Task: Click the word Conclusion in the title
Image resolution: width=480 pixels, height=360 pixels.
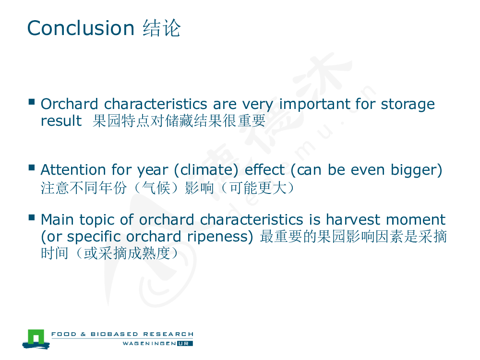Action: click(81, 28)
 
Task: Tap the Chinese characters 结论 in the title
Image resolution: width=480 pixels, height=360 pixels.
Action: click(162, 28)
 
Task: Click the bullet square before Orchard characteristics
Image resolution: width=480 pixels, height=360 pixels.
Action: click(32, 102)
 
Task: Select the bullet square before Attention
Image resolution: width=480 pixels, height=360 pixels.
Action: click(32, 168)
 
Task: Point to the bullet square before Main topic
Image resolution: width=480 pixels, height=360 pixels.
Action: click(32, 217)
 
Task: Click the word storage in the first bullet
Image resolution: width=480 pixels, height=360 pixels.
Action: click(408, 105)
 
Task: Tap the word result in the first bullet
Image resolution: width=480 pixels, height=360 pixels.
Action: click(61, 120)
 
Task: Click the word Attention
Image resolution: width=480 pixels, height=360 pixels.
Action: click(73, 169)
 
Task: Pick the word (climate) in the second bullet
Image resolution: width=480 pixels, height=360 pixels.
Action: click(206, 170)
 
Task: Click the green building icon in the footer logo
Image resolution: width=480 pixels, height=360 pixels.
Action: click(36, 338)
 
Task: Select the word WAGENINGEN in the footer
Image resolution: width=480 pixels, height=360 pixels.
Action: click(149, 344)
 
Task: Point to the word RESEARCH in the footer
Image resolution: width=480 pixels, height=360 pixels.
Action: click(168, 334)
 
